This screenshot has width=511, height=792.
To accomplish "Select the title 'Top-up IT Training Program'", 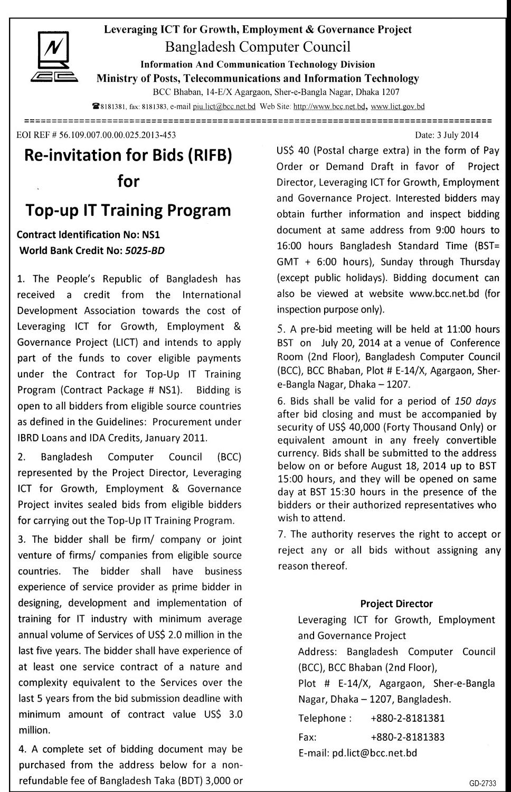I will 128,210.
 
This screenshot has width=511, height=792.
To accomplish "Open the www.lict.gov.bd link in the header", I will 398,107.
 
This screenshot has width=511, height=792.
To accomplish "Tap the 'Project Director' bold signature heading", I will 396,604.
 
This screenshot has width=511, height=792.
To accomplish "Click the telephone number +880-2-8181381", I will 408,718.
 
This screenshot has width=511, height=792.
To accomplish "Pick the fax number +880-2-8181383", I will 408,737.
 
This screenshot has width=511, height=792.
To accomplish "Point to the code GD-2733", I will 481,782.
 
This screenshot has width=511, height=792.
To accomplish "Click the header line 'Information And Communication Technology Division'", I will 258,64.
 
